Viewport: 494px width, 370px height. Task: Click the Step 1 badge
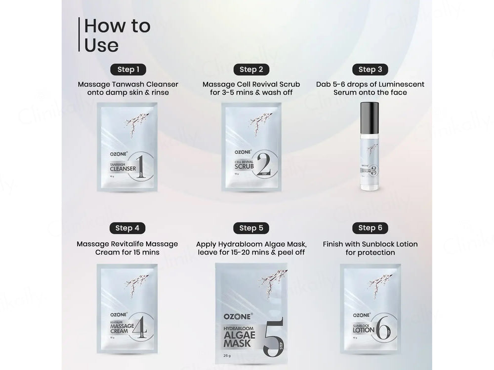coord(128,70)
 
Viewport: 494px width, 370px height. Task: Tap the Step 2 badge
coord(251,70)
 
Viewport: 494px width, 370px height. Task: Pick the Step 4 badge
coord(127,228)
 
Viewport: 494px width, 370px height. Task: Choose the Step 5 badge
coord(251,228)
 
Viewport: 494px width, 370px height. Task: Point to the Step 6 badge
coord(370,228)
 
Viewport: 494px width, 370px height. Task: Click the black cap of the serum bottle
coord(370,118)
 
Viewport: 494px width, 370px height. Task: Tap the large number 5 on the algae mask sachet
coord(273,338)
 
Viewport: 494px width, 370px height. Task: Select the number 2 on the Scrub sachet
coord(265,163)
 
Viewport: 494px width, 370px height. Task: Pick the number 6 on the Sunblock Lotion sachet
coord(385,327)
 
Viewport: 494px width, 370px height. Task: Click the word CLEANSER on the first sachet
coord(123,169)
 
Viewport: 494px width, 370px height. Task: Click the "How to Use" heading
coord(117,35)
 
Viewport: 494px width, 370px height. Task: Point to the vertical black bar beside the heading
coord(79,35)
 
